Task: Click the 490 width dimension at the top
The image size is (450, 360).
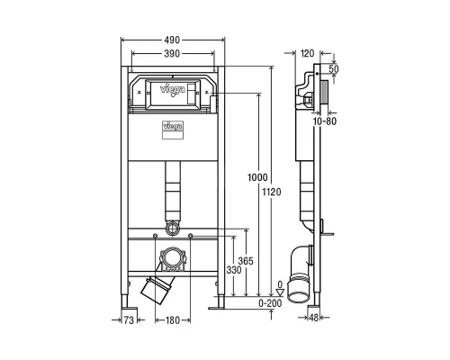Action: tap(172, 40)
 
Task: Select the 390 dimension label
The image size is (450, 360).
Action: tap(172, 55)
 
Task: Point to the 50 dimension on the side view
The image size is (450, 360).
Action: tap(335, 68)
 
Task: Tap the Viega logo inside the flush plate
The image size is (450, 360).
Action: tap(171, 89)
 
